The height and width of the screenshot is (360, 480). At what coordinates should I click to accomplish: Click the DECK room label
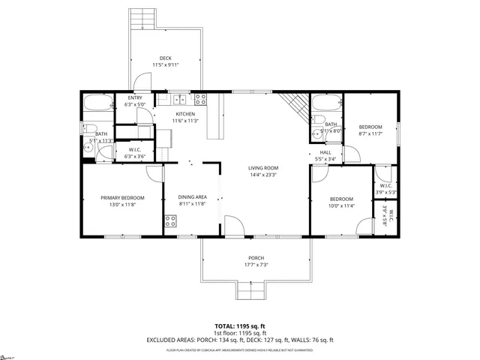pyautogui.click(x=166, y=58)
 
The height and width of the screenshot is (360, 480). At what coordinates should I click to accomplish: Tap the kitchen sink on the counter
pyautogui.click(x=180, y=99)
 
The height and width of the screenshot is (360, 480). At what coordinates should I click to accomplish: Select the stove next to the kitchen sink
pyautogui.click(x=200, y=98)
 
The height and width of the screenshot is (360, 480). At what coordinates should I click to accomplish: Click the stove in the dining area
pyautogui.click(x=170, y=220)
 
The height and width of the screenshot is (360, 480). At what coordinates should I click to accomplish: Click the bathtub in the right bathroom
pyautogui.click(x=326, y=103)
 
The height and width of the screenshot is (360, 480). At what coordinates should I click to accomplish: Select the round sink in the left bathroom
pyautogui.click(x=88, y=148)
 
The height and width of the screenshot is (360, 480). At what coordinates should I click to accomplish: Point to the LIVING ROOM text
pyautogui.click(x=263, y=168)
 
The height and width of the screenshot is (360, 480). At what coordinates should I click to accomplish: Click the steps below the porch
pyautogui.click(x=251, y=290)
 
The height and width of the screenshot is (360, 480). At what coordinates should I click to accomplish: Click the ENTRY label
pyautogui.click(x=135, y=98)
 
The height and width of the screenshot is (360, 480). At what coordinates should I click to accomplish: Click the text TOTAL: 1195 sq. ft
pyautogui.click(x=239, y=326)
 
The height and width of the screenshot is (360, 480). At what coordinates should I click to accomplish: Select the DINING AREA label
pyautogui.click(x=193, y=198)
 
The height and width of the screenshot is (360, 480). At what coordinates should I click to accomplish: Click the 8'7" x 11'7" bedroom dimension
pyautogui.click(x=370, y=133)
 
